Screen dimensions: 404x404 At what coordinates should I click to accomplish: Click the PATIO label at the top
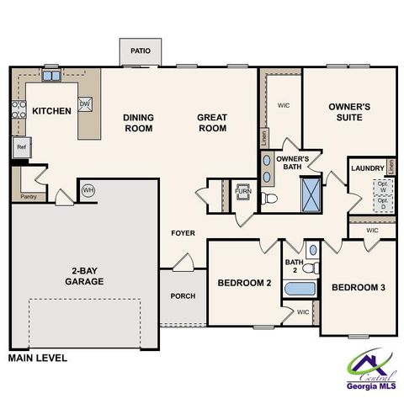(141, 51)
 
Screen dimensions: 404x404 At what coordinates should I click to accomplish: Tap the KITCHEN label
(51, 111)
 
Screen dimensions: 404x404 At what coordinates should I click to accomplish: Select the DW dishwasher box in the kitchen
(85, 104)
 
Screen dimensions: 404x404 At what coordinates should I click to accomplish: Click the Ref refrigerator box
(22, 146)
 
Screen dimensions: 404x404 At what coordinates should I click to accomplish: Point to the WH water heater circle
(88, 190)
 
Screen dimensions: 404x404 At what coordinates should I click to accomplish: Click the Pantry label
(28, 198)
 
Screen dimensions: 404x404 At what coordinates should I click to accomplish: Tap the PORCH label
(183, 295)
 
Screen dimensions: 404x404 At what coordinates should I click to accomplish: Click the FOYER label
(183, 232)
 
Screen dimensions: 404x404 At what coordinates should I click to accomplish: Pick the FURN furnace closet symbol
(242, 192)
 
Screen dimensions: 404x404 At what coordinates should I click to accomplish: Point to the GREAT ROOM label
(212, 123)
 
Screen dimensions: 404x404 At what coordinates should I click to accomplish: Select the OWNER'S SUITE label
(349, 113)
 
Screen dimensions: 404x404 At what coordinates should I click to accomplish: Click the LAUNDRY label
(367, 168)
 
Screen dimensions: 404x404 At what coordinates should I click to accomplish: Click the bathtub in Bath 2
(298, 290)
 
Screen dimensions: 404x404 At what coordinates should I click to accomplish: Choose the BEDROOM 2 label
(244, 284)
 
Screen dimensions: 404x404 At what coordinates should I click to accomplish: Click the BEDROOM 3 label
(358, 288)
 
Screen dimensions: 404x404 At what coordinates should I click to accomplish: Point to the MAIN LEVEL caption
(37, 358)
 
